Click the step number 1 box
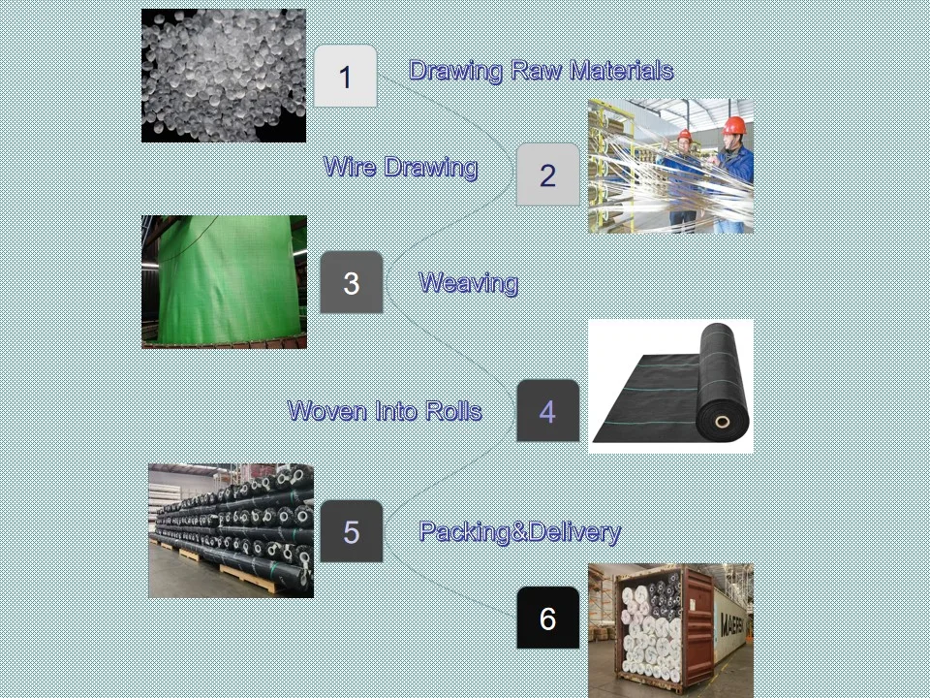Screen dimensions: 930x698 (345, 77)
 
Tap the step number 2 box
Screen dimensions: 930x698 (547, 175)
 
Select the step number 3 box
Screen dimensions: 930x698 (351, 283)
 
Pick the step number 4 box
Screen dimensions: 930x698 (547, 411)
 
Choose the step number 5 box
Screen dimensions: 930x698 (351, 531)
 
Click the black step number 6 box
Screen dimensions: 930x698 (547, 619)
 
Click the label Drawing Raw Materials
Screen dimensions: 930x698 (541, 71)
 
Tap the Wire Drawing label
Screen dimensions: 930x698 (400, 167)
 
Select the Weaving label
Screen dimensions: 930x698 (468, 283)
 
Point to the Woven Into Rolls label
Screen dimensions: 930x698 (385, 411)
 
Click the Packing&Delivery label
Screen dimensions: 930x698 (519, 531)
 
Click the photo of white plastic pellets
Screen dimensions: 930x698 (224, 76)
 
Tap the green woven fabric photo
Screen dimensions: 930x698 (224, 281)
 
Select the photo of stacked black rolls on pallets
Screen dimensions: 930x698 (231, 530)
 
